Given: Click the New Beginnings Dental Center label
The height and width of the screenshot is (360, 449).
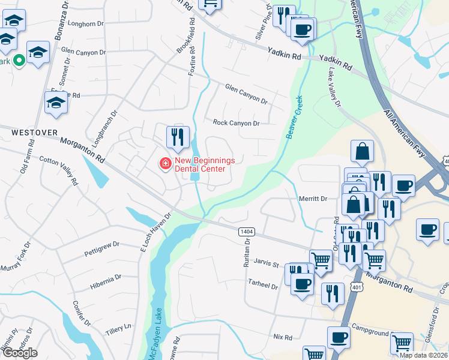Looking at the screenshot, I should pyautogui.click(x=200, y=165).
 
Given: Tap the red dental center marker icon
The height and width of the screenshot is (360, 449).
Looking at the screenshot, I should pyautogui.click(x=163, y=163).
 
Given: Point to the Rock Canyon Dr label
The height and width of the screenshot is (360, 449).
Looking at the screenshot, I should pyautogui.click(x=236, y=123).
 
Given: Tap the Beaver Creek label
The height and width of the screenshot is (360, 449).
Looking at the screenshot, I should pyautogui.click(x=296, y=117).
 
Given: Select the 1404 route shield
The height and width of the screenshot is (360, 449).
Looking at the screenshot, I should pyautogui.click(x=246, y=231).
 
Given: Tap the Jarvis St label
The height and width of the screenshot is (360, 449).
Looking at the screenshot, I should pyautogui.click(x=267, y=264).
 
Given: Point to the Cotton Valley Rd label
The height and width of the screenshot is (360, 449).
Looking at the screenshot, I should pyautogui.click(x=59, y=170).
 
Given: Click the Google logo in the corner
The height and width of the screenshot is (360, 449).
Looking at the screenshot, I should pyautogui.click(x=20, y=353).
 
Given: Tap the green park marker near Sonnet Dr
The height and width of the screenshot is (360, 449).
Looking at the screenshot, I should pyautogui.click(x=19, y=60).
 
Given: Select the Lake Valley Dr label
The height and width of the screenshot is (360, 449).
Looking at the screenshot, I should pyautogui.click(x=334, y=88).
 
